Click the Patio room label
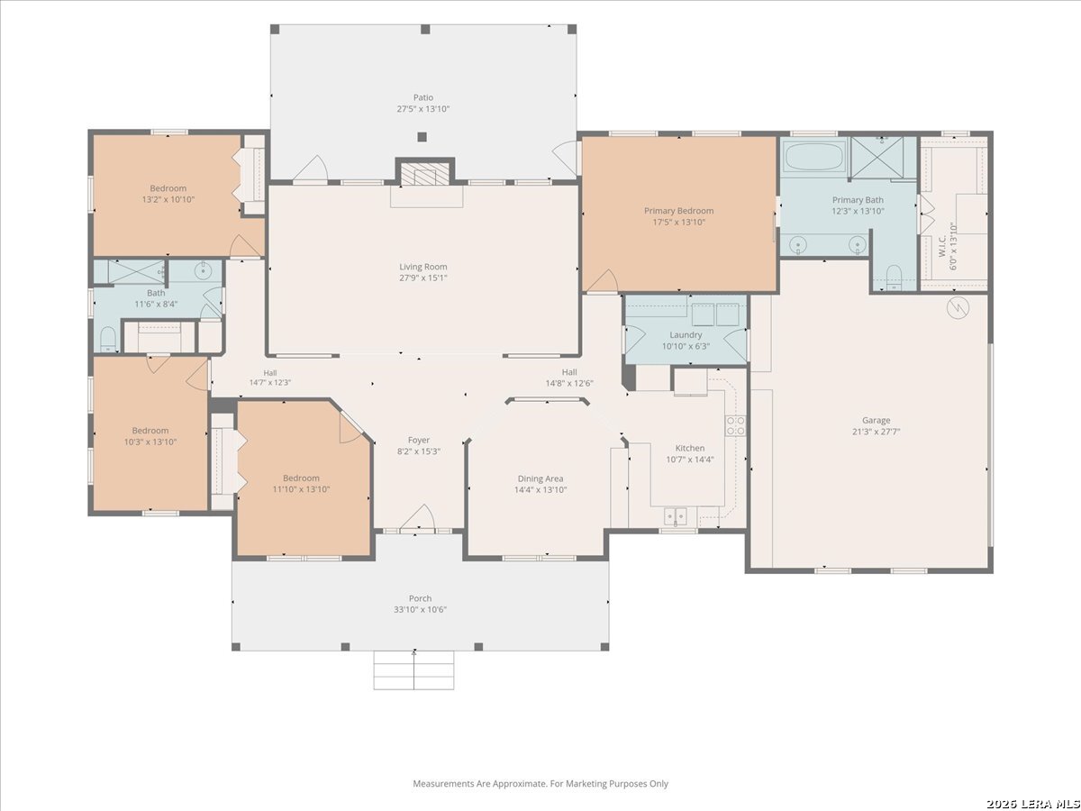pyautogui.click(x=423, y=97)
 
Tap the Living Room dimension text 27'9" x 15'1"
pyautogui.click(x=423, y=278)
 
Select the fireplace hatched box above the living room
pyautogui.click(x=424, y=173)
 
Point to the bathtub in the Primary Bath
pyautogui.click(x=814, y=156)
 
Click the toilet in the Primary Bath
pyautogui.click(x=894, y=278)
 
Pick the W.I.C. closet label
pyautogui.click(x=941, y=246)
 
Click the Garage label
pyautogui.click(x=877, y=420)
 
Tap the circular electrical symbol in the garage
pyautogui.click(x=958, y=308)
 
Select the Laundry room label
pyautogui.click(x=686, y=335)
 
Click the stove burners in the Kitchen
pyautogui.click(x=735, y=425)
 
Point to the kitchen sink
pyautogui.click(x=676, y=516)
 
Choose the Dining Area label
pyautogui.click(x=540, y=478)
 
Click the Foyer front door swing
pyautogui.click(x=418, y=518)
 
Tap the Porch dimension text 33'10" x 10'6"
pyautogui.click(x=420, y=609)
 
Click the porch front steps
pyautogui.click(x=413, y=670)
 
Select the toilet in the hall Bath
pyautogui.click(x=108, y=340)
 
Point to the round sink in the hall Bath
pyautogui.click(x=203, y=270)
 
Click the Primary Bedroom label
pyautogui.click(x=678, y=211)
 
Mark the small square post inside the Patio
pyautogui.click(x=422, y=137)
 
